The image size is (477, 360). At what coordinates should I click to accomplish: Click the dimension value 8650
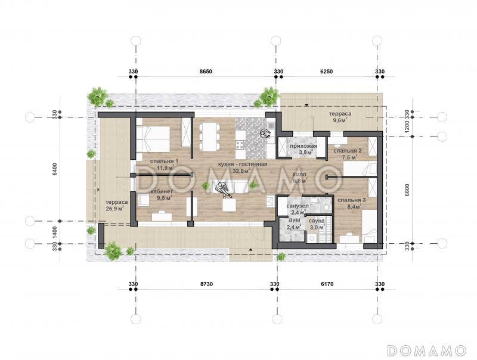(x=206, y=72)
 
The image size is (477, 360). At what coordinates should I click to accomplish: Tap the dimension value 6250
(x=327, y=72)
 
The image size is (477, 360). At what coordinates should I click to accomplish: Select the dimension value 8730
(x=206, y=284)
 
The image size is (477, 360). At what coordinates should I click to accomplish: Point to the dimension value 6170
(x=327, y=284)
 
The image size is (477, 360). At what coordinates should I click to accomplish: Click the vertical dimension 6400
(x=55, y=169)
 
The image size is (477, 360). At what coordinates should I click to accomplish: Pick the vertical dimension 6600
(x=407, y=190)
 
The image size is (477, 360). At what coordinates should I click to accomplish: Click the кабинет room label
(x=162, y=191)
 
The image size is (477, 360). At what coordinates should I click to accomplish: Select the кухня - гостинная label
(x=243, y=164)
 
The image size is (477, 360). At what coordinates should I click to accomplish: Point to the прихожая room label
(x=303, y=146)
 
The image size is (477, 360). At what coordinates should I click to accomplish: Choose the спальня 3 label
(x=352, y=200)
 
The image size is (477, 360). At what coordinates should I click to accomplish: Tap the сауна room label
(x=317, y=221)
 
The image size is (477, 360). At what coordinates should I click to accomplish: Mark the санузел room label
(x=298, y=206)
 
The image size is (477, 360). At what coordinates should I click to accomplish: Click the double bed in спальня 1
(x=153, y=139)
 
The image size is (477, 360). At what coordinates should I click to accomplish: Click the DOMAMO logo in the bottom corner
(x=427, y=350)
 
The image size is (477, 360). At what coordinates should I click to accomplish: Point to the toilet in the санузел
(x=327, y=207)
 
